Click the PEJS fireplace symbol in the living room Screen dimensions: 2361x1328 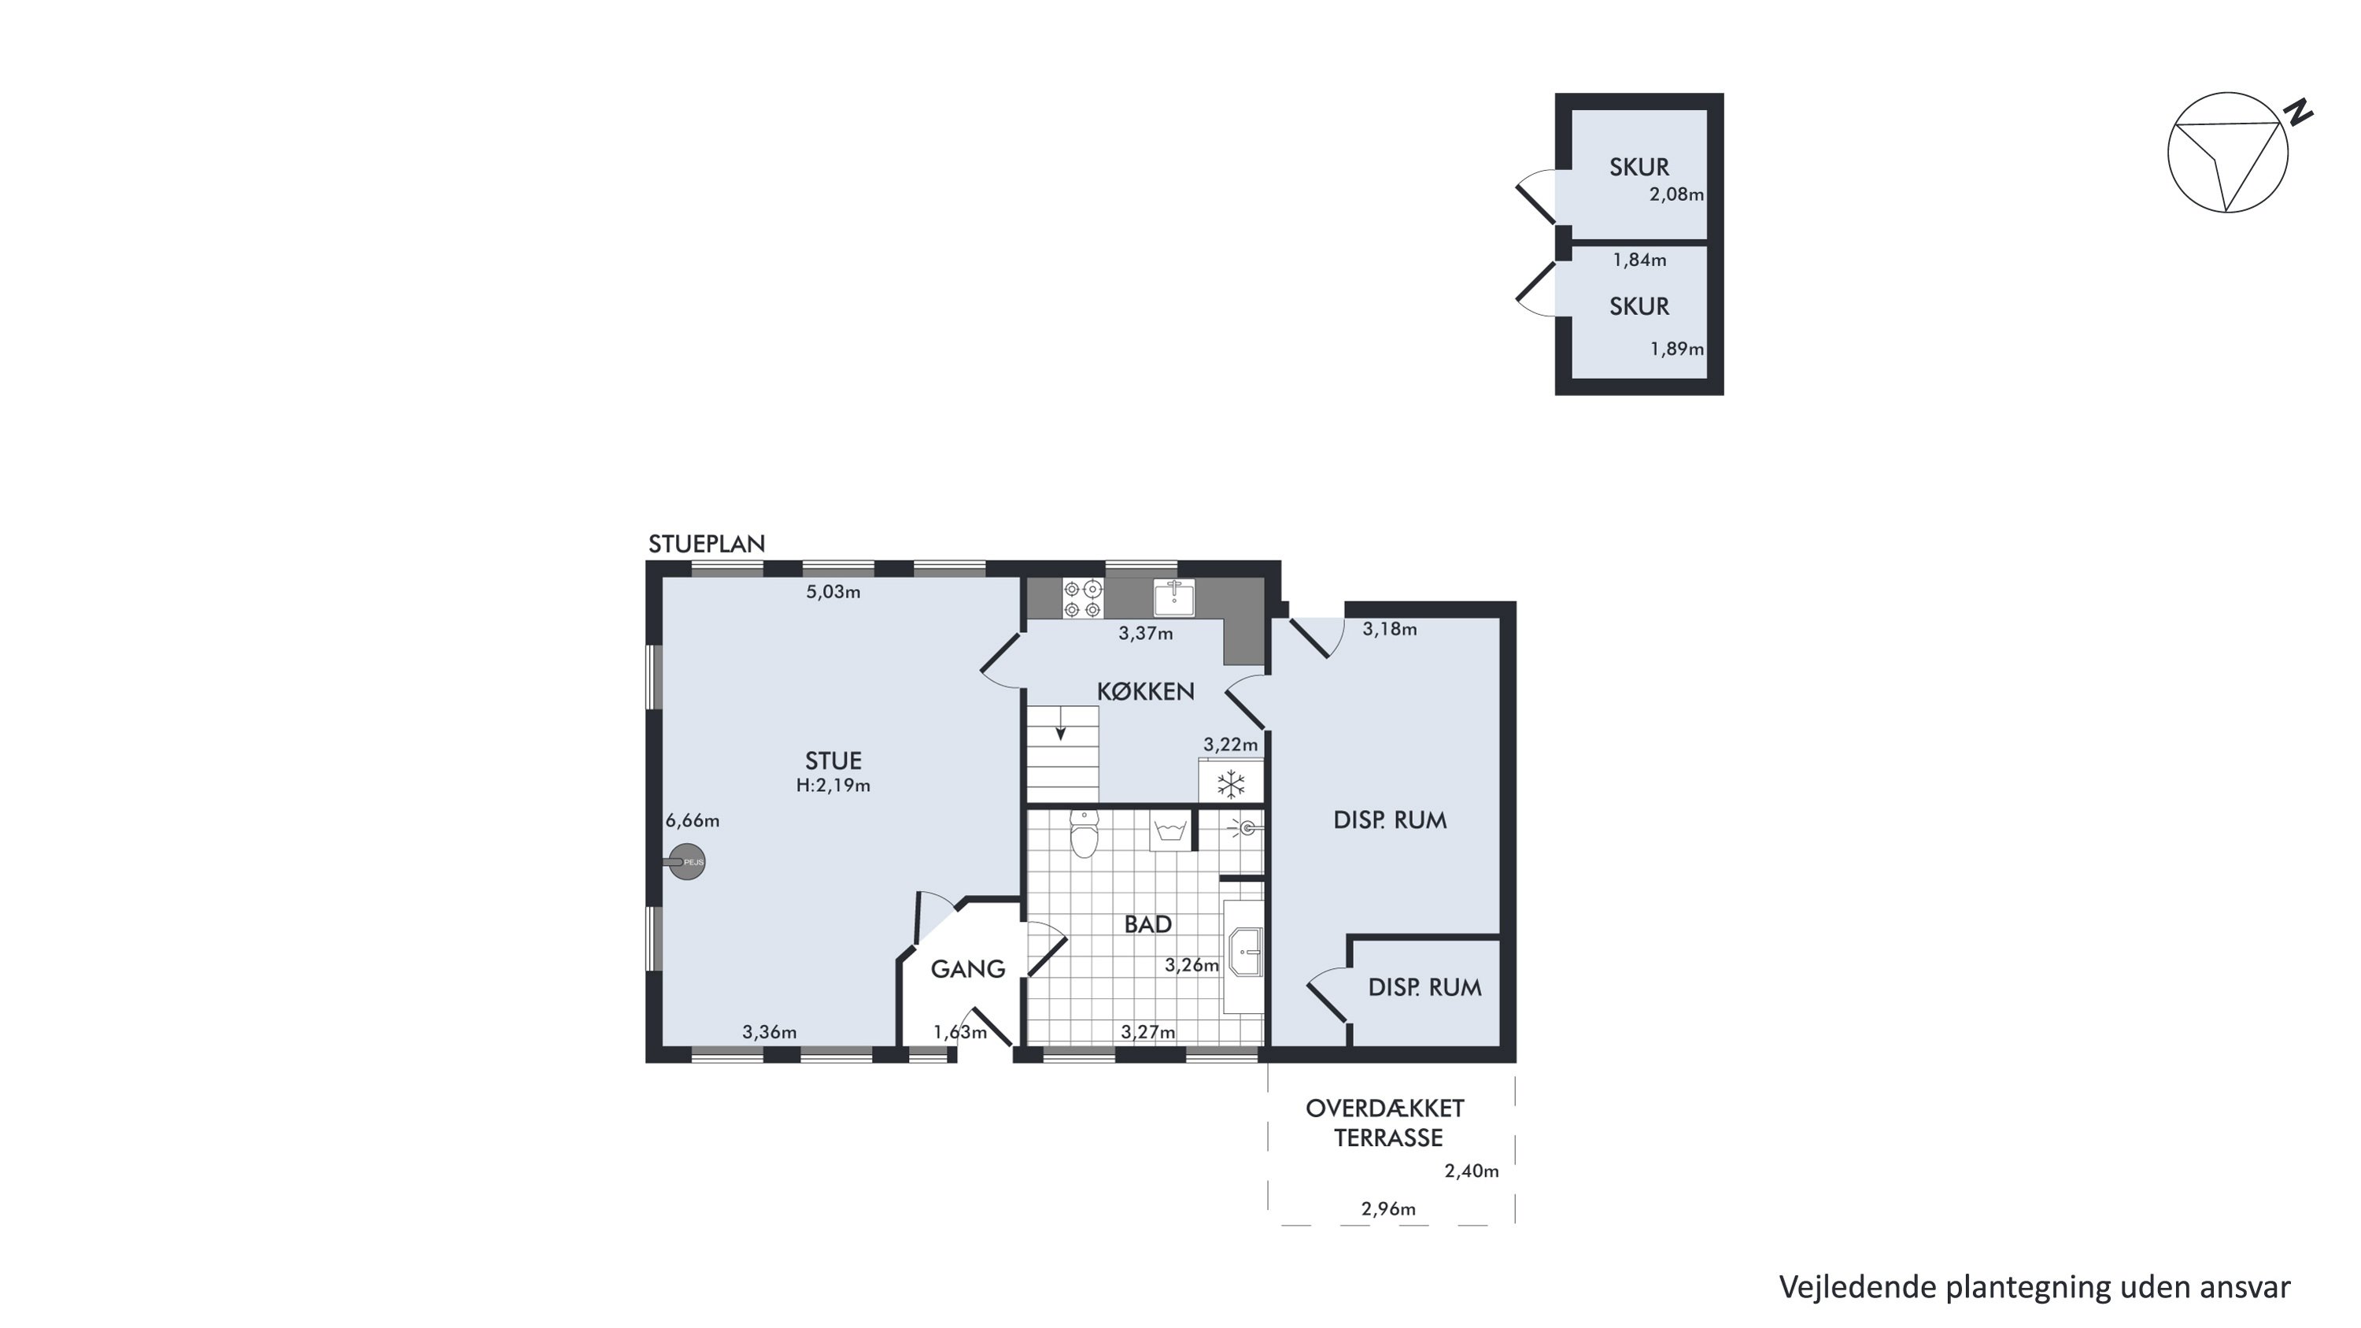point(686,861)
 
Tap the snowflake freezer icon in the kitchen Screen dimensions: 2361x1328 point(1231,783)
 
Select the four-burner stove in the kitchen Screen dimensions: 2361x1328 point(1082,598)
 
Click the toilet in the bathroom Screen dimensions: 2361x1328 point(1084,834)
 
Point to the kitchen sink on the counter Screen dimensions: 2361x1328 point(1174,597)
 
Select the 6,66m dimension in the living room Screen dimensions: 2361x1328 point(693,821)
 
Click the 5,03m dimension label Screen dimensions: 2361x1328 point(833,592)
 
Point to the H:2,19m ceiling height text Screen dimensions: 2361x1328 point(833,786)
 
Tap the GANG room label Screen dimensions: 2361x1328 point(968,969)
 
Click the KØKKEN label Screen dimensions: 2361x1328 point(1146,692)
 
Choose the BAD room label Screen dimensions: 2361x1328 point(1147,924)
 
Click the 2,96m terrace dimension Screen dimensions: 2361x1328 point(1388,1209)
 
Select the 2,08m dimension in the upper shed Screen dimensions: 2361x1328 point(1676,194)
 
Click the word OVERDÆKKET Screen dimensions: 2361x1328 point(1385,1108)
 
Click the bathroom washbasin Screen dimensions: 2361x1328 point(1245,953)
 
